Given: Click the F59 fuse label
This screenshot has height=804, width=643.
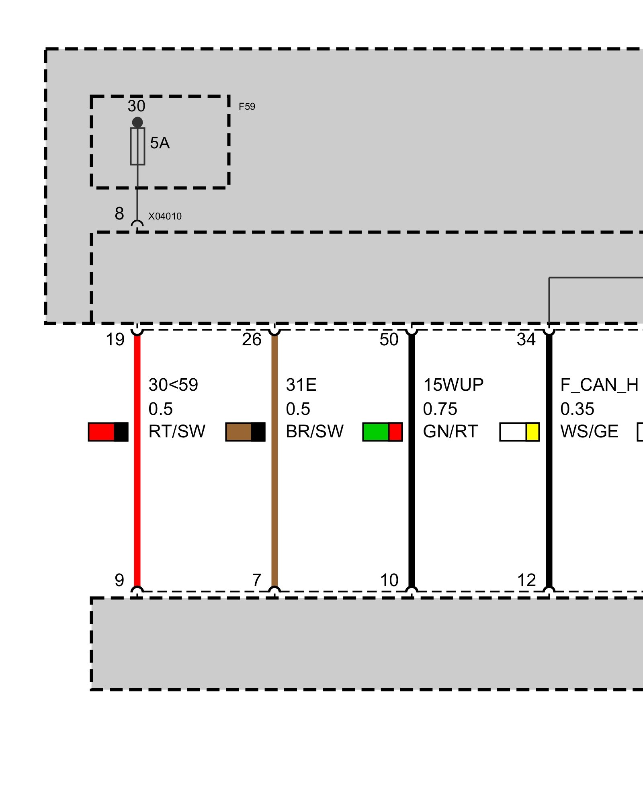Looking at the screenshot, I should [x=247, y=107].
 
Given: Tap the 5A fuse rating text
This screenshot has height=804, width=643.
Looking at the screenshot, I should [x=160, y=143].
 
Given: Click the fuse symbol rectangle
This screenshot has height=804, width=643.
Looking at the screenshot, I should [x=137, y=146].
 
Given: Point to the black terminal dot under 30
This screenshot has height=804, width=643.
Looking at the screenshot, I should [x=137, y=122].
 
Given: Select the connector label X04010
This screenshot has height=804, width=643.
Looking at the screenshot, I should [x=165, y=216].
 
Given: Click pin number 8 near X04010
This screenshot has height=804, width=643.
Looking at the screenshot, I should [x=119, y=213].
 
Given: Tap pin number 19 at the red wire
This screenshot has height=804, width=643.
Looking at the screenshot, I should [x=115, y=340].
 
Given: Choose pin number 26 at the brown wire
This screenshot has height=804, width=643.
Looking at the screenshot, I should [x=252, y=340].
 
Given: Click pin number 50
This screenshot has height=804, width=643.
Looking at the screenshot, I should [x=389, y=340].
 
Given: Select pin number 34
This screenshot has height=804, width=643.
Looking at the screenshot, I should [x=526, y=340].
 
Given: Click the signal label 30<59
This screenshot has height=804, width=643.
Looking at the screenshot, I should [x=173, y=385].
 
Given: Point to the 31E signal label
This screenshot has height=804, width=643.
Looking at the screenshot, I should [x=301, y=385].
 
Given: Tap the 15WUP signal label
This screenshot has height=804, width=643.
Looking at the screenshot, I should [x=453, y=385].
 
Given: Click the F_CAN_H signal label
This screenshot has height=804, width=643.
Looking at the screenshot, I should [x=599, y=385].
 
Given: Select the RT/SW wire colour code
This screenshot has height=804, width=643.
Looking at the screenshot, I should [x=177, y=432].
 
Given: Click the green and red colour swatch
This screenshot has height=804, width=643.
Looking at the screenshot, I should [x=382, y=432].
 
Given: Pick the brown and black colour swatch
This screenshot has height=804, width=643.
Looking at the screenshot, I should [x=245, y=432].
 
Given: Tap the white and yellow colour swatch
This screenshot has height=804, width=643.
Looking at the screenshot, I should [x=519, y=432].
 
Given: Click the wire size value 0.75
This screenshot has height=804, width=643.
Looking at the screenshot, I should [x=440, y=409].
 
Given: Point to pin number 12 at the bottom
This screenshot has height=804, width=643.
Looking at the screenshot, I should [x=526, y=580].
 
